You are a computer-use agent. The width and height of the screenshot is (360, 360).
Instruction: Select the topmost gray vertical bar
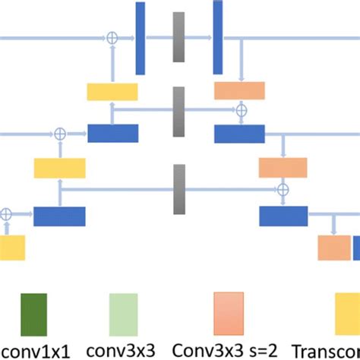click(x=178, y=36)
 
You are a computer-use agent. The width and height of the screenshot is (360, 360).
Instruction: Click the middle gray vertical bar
click(x=178, y=112)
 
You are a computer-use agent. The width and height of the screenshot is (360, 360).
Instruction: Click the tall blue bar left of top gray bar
click(x=141, y=38)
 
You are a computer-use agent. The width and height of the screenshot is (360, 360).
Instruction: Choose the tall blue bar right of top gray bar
click(x=217, y=38)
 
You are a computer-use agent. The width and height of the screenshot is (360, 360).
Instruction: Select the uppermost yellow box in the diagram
click(x=112, y=92)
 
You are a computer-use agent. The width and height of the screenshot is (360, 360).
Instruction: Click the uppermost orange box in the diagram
click(x=239, y=91)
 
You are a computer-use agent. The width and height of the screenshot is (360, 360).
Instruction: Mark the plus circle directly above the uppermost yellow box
click(x=112, y=36)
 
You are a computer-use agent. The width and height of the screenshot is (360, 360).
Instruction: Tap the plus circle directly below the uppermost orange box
click(x=241, y=111)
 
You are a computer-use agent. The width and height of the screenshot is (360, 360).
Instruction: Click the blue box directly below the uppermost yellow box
click(x=112, y=133)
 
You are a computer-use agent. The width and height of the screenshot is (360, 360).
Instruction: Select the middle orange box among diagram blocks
click(x=283, y=167)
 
